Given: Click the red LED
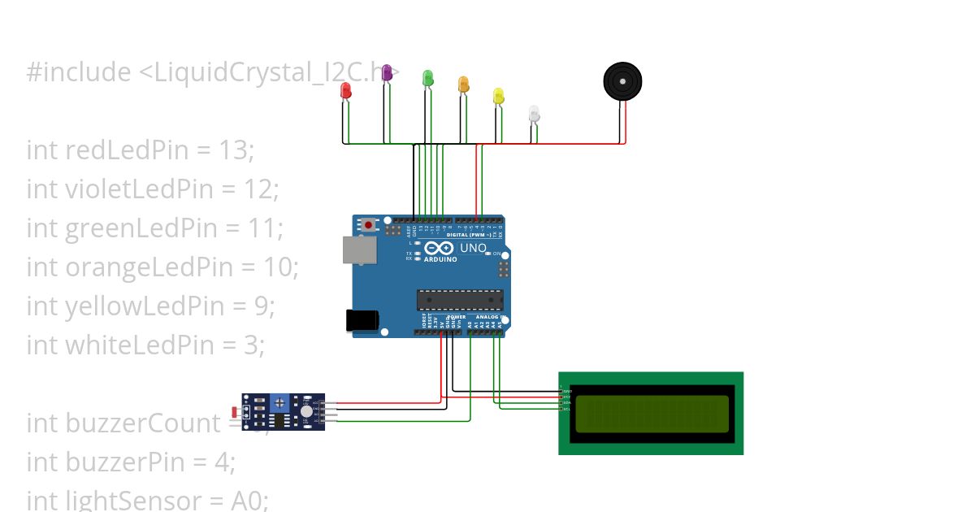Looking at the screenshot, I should pyautogui.click(x=345, y=90).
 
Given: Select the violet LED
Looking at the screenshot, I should pyautogui.click(x=387, y=72).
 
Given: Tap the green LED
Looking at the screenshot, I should pyautogui.click(x=428, y=78).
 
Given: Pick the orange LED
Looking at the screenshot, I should pyautogui.click(x=463, y=84).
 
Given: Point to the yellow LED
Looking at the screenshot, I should pyautogui.click(x=498, y=96).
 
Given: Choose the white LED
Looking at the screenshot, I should pyautogui.click(x=534, y=113).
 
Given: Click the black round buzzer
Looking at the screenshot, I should pyautogui.click(x=622, y=81).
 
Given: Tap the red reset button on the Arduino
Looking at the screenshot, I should pyautogui.click(x=369, y=224).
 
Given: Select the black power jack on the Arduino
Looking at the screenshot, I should pyautogui.click(x=362, y=320).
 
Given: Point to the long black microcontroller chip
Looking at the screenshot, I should pyautogui.click(x=460, y=300).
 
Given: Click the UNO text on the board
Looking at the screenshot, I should pyautogui.click(x=473, y=248).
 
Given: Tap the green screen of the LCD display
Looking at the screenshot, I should pyautogui.click(x=652, y=414).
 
